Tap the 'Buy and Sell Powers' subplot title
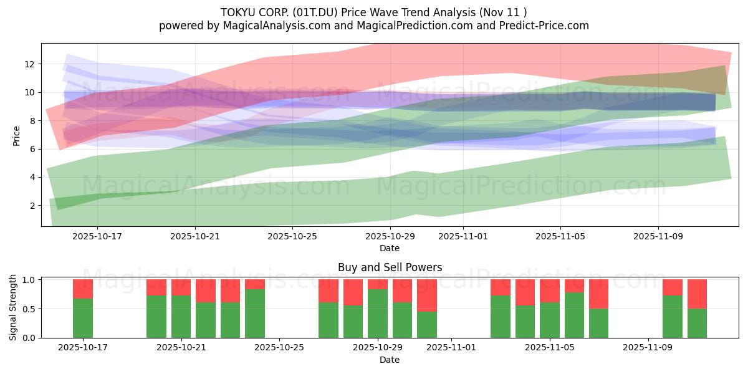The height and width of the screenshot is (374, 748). pyautogui.click(x=390, y=267)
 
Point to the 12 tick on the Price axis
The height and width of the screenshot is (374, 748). pyautogui.click(x=29, y=64)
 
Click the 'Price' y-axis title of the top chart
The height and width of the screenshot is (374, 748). pyautogui.click(x=17, y=135)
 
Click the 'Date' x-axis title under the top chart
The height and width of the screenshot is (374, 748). pyautogui.click(x=390, y=248)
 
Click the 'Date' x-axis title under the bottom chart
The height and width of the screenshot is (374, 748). pyautogui.click(x=390, y=360)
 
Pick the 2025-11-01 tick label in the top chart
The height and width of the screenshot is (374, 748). pyautogui.click(x=463, y=236)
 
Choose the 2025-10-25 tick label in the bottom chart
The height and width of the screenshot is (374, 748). pyautogui.click(x=279, y=348)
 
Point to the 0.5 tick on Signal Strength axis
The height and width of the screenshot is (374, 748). pyautogui.click(x=29, y=309)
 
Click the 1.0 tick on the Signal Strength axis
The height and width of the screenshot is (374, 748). pyautogui.click(x=29, y=280)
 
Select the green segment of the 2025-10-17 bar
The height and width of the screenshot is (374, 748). pyautogui.click(x=83, y=319)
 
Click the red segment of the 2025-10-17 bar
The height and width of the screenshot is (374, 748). pyautogui.click(x=83, y=289)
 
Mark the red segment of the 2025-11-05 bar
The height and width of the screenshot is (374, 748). pyautogui.click(x=550, y=291)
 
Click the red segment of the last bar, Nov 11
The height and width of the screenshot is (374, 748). pyautogui.click(x=697, y=294)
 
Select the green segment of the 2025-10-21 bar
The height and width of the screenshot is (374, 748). pyautogui.click(x=181, y=317)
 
